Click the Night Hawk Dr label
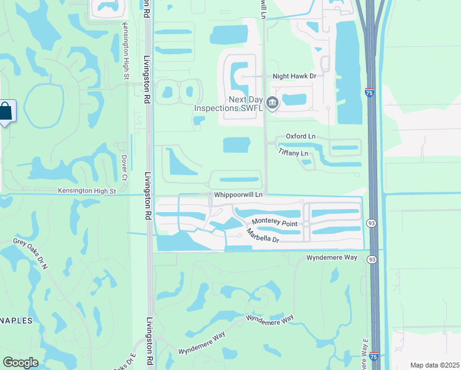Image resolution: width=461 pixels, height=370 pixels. click(295, 76)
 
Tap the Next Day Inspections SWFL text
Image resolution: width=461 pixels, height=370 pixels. click(229, 104)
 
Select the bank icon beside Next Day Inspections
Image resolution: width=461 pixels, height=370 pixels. click(272, 102)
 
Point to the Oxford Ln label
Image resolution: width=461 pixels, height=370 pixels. click(301, 136)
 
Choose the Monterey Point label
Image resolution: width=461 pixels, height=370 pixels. click(275, 223)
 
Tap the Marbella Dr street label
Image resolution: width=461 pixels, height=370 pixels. click(263, 236)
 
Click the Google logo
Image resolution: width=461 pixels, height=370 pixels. click(20, 363)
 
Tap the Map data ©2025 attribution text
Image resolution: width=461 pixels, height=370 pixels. click(434, 365)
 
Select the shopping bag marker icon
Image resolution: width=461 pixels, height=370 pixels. click(5, 112)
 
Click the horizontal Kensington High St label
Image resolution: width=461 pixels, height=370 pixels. click(87, 191)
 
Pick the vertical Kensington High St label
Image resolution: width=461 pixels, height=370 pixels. click(125, 51)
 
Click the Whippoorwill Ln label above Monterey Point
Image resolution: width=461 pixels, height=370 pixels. click(239, 195)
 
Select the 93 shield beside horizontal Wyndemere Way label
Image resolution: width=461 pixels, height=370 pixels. click(372, 260)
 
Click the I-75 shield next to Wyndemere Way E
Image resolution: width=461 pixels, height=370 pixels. click(374, 357)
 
